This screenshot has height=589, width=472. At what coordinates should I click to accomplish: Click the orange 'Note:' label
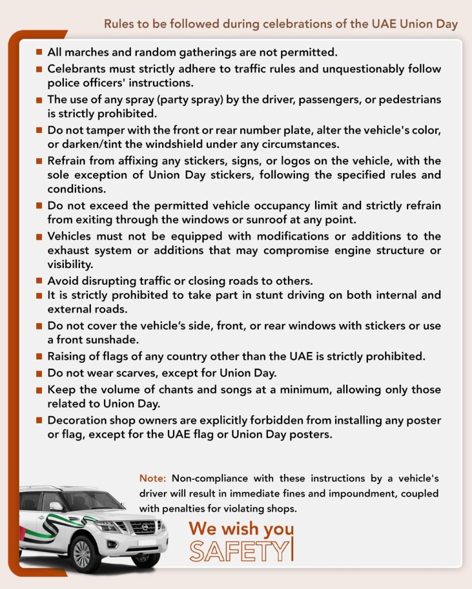[152, 479]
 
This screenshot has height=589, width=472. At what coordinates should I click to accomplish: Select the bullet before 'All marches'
[39, 52]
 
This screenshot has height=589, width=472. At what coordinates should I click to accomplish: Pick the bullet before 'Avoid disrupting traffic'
[39, 281]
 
